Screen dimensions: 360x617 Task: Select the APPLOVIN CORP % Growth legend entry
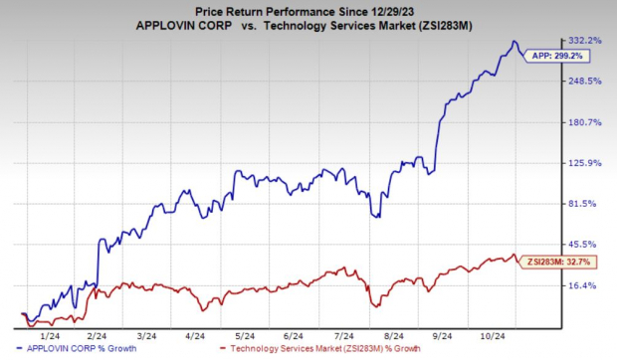pos(86,349)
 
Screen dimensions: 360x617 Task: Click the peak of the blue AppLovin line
pos(513,42)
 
